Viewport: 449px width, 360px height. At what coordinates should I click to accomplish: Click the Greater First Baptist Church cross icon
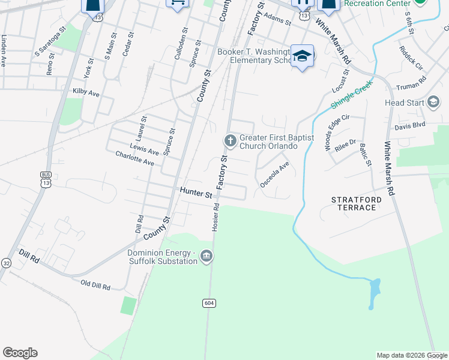click(x=230, y=141)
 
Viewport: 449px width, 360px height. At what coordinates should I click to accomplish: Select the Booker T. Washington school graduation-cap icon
click(x=303, y=57)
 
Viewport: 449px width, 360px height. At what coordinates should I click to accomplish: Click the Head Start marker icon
click(x=433, y=102)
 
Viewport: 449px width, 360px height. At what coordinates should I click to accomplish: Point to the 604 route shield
click(x=208, y=303)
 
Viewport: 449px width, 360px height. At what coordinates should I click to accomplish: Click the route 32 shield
click(x=6, y=263)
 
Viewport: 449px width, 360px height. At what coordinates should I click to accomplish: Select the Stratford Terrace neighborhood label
click(x=354, y=203)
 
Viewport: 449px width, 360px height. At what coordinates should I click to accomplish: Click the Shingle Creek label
click(x=352, y=95)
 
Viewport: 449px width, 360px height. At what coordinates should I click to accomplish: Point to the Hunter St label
click(x=196, y=194)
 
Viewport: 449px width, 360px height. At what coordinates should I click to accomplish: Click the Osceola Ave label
click(x=275, y=174)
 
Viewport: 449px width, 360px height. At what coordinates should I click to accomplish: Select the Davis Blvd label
click(x=409, y=126)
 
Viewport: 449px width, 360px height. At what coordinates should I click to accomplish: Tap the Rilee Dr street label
click(x=345, y=144)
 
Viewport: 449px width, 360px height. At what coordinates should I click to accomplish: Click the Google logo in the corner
click(x=20, y=353)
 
